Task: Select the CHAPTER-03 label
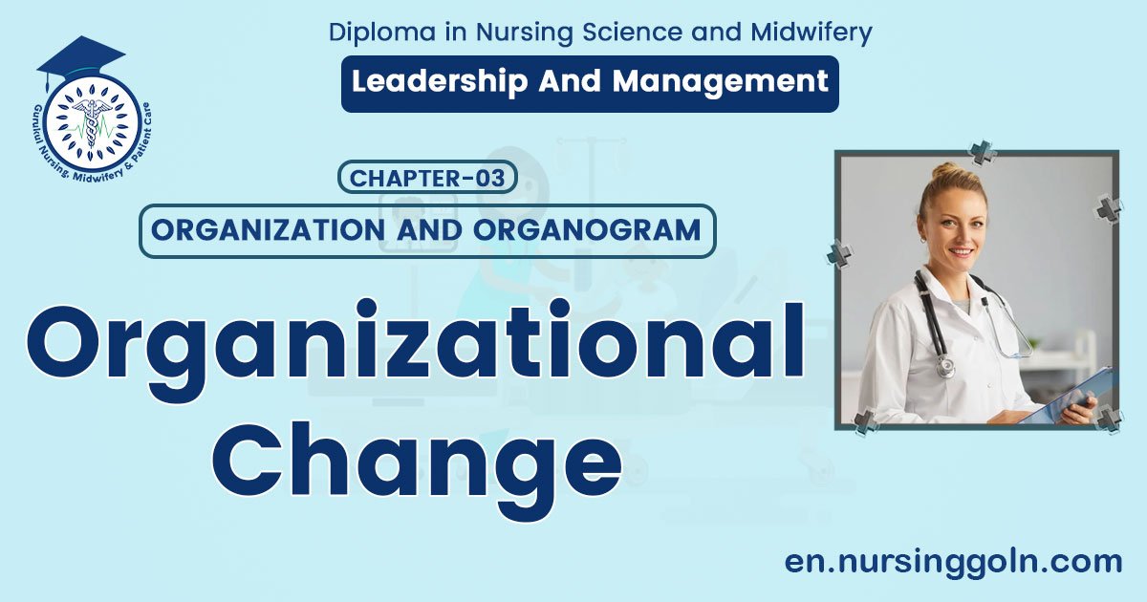[x=427, y=178]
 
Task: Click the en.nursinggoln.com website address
[x=953, y=562]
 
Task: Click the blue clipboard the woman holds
[x=1061, y=397]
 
